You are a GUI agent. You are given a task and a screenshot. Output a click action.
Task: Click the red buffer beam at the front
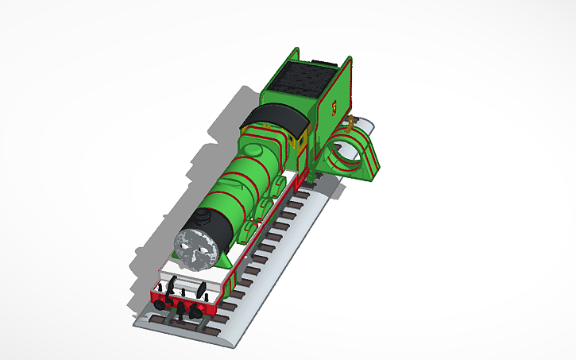pyautogui.click(x=183, y=300)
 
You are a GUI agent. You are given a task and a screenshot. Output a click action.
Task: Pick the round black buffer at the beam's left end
pyautogui.click(x=161, y=303)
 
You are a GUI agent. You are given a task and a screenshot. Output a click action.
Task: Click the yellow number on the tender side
pyautogui.click(x=334, y=105)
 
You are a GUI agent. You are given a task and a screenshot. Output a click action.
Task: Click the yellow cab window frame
pyautogui.click(x=296, y=143)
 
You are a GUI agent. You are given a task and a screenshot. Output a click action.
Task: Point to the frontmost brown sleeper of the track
pyautogui.click(x=184, y=325)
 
